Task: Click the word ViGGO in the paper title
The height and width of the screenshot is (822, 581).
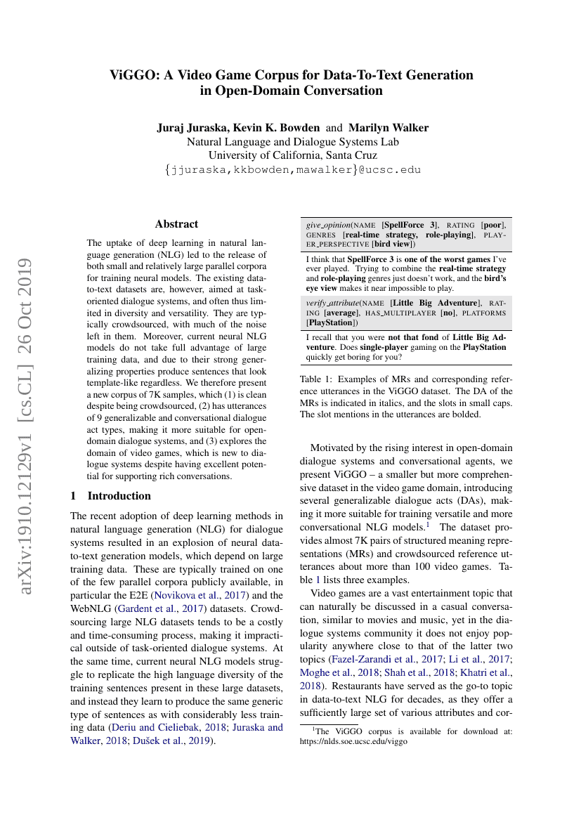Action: click(133, 74)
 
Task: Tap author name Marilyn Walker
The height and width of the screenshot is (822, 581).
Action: click(389, 128)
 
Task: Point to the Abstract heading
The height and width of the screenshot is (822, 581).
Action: click(177, 224)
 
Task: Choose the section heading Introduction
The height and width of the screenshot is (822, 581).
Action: click(119, 495)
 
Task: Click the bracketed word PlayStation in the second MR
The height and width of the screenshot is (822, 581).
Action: click(331, 322)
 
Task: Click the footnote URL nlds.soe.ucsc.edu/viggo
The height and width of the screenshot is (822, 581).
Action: click(353, 741)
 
